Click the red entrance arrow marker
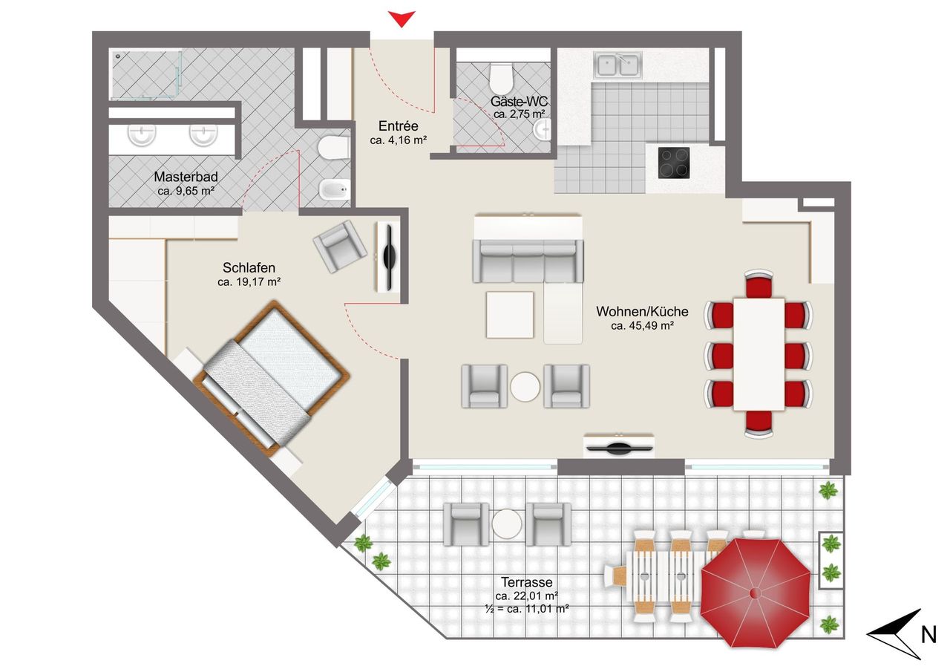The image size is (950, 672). [402, 19]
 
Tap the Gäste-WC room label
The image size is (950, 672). [519, 102]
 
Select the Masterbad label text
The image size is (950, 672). [186, 177]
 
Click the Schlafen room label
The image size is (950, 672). [249, 268]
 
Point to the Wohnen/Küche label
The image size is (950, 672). [642, 311]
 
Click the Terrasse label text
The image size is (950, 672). [526, 581]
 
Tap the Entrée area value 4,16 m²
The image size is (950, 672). [399, 140]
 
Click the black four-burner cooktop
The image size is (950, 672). [673, 163]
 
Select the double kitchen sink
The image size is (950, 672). [618, 65]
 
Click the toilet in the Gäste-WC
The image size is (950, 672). [501, 79]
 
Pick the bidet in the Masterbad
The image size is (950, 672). [334, 189]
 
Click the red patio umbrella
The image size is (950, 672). [755, 593]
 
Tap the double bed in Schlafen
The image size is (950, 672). [272, 379]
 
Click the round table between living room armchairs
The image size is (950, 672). [525, 386]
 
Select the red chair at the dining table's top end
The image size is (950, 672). [759, 283]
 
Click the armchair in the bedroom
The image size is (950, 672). [340, 246]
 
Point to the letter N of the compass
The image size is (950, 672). [928, 635]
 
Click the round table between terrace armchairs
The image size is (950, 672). [507, 523]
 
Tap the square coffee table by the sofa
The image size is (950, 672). [510, 314]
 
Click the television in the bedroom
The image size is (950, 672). [388, 258]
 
